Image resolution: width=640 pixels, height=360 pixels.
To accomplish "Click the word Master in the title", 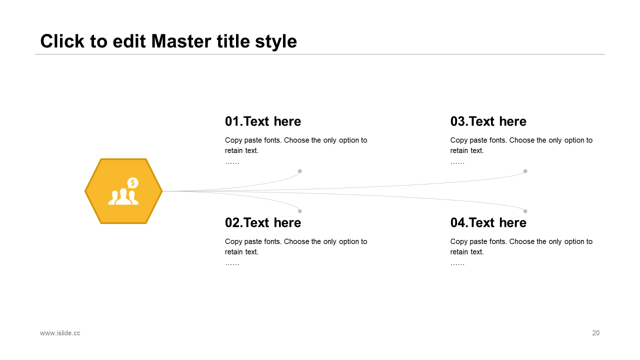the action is (x=181, y=41).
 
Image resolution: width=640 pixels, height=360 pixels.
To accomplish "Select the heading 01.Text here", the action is (x=263, y=121).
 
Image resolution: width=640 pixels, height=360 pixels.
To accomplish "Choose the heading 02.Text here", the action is (x=263, y=223).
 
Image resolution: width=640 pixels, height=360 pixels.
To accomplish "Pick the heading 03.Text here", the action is (x=488, y=121).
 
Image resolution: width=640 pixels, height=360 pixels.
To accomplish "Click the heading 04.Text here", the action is (x=488, y=223).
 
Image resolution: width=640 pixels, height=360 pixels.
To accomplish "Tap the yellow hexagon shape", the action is (x=123, y=191).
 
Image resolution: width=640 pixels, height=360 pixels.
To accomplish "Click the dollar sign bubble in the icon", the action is (x=132, y=183).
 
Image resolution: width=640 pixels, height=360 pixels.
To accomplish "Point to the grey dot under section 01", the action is (x=299, y=171).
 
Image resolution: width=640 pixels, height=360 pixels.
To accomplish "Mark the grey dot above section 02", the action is (x=299, y=211).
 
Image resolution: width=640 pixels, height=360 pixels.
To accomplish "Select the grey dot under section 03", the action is (x=525, y=171).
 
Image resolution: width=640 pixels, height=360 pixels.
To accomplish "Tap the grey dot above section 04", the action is (x=525, y=211).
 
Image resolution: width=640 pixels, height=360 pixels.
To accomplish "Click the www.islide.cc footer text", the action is (x=60, y=333).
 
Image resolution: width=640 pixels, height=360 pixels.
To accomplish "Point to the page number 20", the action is (x=595, y=333).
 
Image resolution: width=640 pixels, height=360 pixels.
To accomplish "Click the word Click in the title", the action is (x=62, y=41).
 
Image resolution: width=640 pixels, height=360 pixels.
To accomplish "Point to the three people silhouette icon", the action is (x=123, y=196).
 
